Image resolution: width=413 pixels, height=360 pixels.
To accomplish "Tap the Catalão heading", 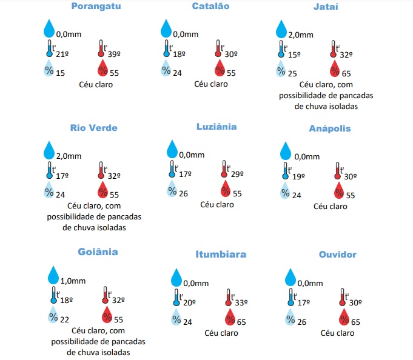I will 210,6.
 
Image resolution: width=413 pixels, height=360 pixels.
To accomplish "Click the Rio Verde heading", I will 93,128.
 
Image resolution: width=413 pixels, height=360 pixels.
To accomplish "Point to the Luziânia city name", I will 217,127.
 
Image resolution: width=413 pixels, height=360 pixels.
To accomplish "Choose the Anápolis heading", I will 330,128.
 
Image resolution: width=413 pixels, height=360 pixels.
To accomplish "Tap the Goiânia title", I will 98,252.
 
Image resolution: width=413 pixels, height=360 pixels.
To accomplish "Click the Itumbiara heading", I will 221,254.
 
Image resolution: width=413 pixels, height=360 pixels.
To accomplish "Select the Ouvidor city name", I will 338,255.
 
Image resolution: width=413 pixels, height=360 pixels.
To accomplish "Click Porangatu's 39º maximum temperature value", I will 114,55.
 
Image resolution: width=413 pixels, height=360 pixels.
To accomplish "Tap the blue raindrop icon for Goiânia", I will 55,275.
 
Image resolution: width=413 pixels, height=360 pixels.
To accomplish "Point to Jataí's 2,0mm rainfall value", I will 301,35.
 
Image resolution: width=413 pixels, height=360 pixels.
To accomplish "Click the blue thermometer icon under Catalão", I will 166,48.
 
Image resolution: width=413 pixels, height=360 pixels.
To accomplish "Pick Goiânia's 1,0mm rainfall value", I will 73,281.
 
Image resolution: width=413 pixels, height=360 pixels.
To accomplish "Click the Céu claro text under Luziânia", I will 217,205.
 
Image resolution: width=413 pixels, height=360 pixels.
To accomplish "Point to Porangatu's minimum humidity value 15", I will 61,73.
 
